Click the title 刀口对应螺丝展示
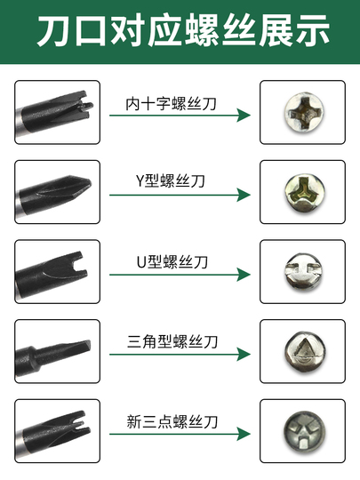183,30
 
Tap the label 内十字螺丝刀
172,104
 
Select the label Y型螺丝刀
170,180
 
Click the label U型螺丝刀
172,262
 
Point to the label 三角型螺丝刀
172,341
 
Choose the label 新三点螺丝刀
172,422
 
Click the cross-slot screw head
304,112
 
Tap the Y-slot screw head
304,193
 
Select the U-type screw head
303,271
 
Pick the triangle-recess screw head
305,351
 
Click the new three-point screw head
304,432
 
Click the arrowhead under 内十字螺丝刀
244,116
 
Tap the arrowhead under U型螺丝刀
244,275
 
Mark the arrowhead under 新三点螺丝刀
244,434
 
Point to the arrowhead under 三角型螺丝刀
244,355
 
